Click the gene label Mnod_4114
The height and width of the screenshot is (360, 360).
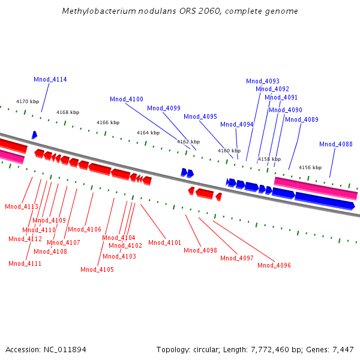(x=50, y=80)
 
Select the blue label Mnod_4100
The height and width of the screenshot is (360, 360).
(x=127, y=99)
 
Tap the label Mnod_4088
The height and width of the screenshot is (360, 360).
(x=336, y=144)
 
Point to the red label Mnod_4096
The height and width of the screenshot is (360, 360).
(x=274, y=265)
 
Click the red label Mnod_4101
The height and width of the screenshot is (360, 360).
(x=164, y=242)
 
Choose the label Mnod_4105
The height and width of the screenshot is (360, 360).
(x=97, y=269)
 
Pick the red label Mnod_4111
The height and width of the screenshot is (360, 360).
(x=25, y=263)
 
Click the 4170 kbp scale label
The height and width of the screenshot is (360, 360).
(x=27, y=101)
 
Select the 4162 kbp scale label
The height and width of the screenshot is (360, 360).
(x=188, y=142)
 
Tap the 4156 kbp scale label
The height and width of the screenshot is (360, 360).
(x=310, y=167)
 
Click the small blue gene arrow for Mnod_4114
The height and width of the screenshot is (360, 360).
(x=34, y=135)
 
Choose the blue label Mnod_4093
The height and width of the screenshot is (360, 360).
(x=263, y=81)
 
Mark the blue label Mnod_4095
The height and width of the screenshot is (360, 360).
(x=200, y=116)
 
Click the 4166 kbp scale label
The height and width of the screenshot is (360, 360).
(x=108, y=122)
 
